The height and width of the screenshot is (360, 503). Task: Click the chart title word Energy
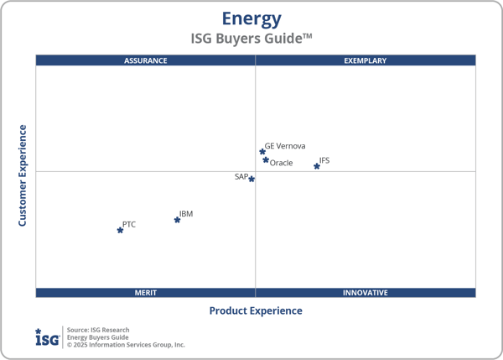(x=251, y=18)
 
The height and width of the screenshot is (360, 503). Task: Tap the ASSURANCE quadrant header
(x=146, y=60)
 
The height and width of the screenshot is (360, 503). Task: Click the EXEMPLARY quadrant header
(x=366, y=60)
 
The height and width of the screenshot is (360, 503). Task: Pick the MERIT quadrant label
(x=146, y=293)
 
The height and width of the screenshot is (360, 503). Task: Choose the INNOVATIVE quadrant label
(x=366, y=293)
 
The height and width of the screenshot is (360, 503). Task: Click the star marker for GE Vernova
(x=262, y=152)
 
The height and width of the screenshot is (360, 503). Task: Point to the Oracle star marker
(x=266, y=159)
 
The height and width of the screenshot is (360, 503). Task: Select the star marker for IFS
(x=317, y=166)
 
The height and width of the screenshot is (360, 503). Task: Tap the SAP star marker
(x=251, y=179)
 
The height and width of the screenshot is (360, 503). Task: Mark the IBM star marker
(x=177, y=220)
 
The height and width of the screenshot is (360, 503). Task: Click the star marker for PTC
(x=120, y=230)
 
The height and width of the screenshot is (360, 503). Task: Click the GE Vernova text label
(x=285, y=146)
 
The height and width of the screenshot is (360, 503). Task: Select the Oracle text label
(x=282, y=163)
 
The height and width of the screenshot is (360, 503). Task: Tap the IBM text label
(x=186, y=214)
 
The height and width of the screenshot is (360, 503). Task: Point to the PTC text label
(x=129, y=224)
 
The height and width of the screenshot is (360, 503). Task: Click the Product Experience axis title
(x=255, y=310)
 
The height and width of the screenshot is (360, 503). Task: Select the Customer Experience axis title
(x=23, y=175)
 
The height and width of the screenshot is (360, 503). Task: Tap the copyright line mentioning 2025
(x=126, y=345)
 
